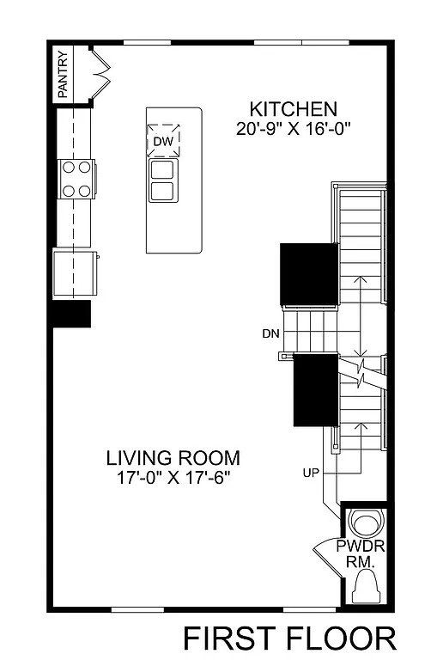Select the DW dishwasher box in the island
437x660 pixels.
[163, 141]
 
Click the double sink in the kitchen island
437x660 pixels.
[163, 179]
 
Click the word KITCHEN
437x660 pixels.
[293, 109]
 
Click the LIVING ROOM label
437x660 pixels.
[173, 457]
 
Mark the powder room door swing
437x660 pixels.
[325, 554]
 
